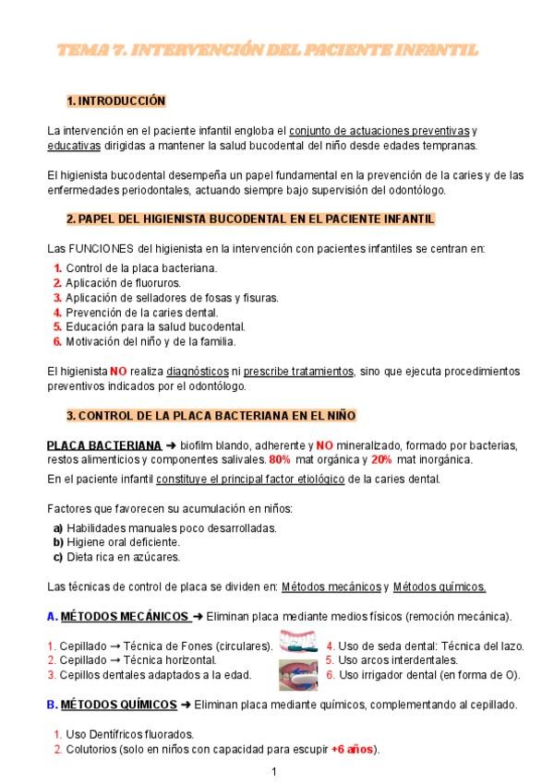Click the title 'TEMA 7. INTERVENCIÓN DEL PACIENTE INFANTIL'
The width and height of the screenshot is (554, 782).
[267, 50]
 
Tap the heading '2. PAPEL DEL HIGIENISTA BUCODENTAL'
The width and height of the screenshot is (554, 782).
[250, 219]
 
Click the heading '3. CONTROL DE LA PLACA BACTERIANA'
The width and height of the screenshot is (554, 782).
[211, 416]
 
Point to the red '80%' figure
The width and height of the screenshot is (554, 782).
[280, 459]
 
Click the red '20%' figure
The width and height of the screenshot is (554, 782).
[381, 459]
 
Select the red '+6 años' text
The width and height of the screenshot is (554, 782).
[353, 749]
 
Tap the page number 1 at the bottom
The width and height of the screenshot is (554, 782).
[274, 771]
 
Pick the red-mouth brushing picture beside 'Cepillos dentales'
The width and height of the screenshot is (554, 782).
[297, 673]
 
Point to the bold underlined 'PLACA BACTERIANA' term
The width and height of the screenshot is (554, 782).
[104, 445]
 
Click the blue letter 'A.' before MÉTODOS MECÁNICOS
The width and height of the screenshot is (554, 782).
[52, 616]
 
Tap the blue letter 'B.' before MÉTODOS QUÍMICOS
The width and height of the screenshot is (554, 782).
[52, 705]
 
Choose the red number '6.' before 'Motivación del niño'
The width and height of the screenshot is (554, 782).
[57, 341]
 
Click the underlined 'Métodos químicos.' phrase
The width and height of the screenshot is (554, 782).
[440, 586]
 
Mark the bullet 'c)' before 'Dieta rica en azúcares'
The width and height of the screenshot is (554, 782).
[58, 557]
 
